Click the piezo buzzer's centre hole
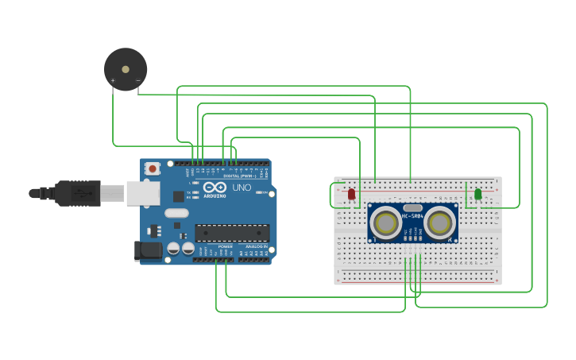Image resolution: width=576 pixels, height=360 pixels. click(126, 69)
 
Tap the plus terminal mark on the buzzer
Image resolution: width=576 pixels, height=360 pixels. click(113, 80)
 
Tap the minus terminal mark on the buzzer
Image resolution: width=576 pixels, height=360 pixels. click(137, 80)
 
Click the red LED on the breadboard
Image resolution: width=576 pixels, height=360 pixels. click(351, 194)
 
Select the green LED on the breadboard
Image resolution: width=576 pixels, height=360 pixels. click(477, 194)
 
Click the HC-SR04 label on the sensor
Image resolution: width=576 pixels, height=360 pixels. click(412, 216)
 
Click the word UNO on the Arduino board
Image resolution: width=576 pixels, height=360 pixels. click(242, 188)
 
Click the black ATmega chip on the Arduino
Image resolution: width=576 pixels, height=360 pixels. click(232, 233)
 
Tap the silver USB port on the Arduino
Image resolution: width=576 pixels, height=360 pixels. click(143, 193)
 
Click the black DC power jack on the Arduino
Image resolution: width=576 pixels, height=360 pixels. click(148, 250)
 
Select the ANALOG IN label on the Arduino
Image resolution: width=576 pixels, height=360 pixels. click(254, 247)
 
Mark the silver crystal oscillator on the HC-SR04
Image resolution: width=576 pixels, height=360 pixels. click(412, 207)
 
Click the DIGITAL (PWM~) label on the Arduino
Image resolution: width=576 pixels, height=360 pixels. click(238, 176)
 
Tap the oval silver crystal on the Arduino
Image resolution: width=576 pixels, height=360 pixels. click(176, 213)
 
